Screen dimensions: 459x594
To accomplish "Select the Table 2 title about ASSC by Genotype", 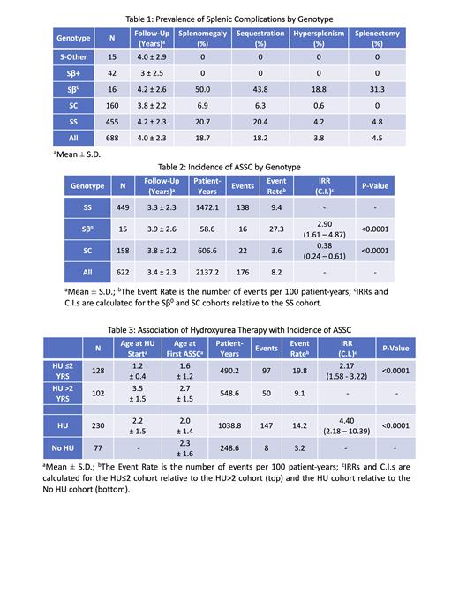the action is [x=229, y=166].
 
